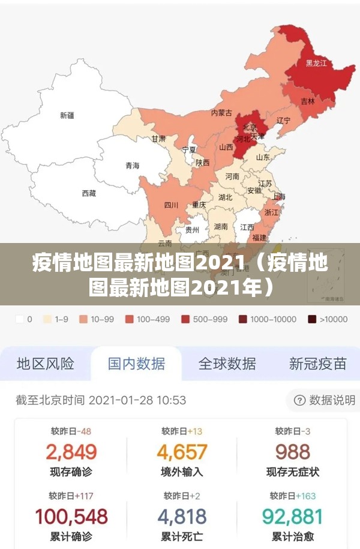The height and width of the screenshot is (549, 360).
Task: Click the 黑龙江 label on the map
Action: (x=316, y=63)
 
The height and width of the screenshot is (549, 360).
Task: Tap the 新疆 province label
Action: (x=67, y=115)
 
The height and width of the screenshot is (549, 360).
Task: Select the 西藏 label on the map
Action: (x=89, y=193)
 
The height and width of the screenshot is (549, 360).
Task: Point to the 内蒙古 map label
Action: (x=221, y=113)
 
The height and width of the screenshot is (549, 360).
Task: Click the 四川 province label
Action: (x=171, y=205)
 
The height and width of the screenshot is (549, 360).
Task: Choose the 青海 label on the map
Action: (x=132, y=166)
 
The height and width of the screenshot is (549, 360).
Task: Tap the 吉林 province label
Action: (x=308, y=102)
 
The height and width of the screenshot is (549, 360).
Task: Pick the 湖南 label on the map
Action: (x=221, y=227)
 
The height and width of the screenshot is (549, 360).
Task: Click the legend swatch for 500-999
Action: (x=186, y=320)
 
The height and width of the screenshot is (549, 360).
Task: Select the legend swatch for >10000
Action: (x=313, y=320)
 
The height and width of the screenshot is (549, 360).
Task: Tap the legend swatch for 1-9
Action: (x=47, y=320)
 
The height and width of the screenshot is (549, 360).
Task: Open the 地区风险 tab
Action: (x=46, y=364)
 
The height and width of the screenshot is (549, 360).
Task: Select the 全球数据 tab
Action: (x=227, y=364)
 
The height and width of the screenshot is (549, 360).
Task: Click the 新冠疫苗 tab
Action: (x=317, y=364)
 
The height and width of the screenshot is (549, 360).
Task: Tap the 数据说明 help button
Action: (x=325, y=400)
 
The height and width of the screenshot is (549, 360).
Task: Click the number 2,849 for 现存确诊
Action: (x=71, y=452)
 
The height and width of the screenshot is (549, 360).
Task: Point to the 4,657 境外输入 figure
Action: (x=182, y=452)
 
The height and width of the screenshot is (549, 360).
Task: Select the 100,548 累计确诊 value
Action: (x=71, y=517)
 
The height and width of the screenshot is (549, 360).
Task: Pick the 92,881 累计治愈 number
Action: (x=293, y=517)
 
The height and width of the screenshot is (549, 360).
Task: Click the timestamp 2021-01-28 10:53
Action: (x=137, y=400)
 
